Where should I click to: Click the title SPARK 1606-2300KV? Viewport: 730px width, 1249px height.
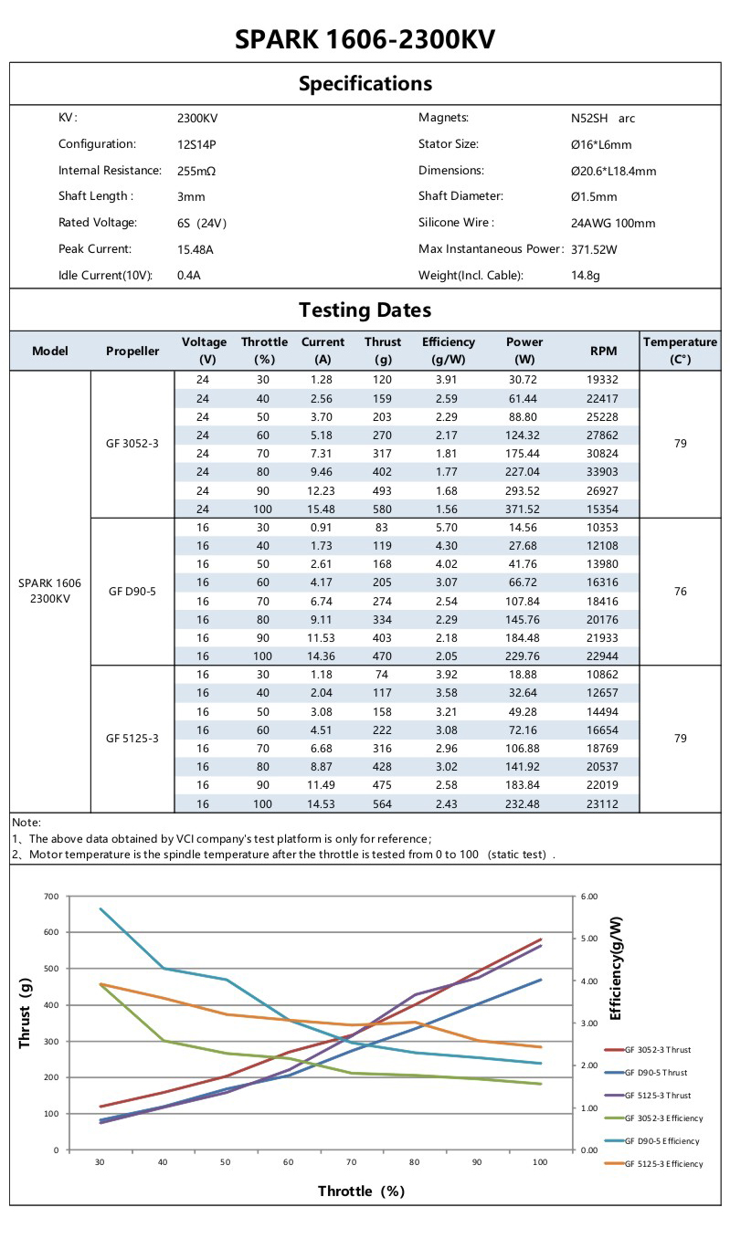pos(365,40)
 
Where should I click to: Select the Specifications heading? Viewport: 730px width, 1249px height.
pos(365,84)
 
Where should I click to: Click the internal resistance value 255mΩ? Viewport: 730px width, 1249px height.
pos(196,171)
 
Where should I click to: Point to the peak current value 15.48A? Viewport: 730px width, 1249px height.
pos(196,249)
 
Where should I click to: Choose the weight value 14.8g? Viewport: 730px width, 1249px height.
pos(586,276)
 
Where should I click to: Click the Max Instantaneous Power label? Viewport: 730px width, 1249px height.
pos(491,249)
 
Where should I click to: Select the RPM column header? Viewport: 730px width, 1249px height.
pos(603,352)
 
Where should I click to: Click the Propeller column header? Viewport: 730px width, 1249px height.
pos(132,352)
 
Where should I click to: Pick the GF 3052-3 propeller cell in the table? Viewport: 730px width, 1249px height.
pos(132,444)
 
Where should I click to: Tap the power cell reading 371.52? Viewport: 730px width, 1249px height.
pos(524,509)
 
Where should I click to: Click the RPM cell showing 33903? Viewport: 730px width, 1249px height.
pos(603,472)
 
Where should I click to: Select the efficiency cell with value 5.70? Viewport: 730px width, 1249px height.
pos(448,528)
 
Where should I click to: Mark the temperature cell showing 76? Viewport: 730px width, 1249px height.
pos(680,592)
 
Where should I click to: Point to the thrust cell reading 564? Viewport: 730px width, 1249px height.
pos(382,803)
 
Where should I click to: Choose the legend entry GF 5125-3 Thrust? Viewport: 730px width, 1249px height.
pos(658,1096)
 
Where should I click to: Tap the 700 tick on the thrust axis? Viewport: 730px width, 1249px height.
pos(50,897)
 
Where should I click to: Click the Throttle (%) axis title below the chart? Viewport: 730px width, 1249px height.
pos(361,1191)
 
